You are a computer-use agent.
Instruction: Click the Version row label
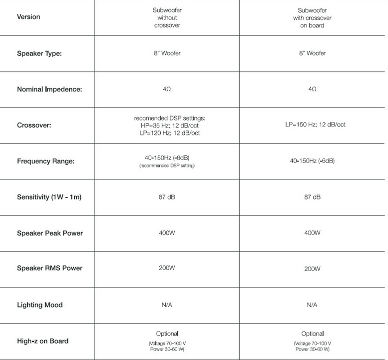pos(28,17)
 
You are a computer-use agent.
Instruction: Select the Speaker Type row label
pos(39,53)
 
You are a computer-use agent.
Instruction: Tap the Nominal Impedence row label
pos(49,89)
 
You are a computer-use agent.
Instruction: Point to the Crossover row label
pos(34,125)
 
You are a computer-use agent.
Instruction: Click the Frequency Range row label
pos(46,161)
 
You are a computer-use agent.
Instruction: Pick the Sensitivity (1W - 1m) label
pos(49,197)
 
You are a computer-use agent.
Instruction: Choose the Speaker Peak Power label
pos(50,233)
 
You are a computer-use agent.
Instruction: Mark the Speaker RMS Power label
pos(49,268)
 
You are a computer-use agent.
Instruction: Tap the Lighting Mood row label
pos(40,305)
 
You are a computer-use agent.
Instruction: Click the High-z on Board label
pos(42,341)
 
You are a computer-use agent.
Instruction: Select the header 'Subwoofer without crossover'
pos(167,17)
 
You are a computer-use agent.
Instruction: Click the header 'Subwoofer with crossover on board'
pos(312,17)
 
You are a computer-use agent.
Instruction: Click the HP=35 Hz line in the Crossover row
pos(167,125)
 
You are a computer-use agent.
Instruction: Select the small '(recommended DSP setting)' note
pos(167,165)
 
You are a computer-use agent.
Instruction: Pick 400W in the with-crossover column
pos(312,232)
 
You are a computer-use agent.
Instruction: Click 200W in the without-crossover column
pos(167,268)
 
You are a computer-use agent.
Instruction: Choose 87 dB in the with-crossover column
pos(312,197)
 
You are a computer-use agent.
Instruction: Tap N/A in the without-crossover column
pos(167,304)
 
